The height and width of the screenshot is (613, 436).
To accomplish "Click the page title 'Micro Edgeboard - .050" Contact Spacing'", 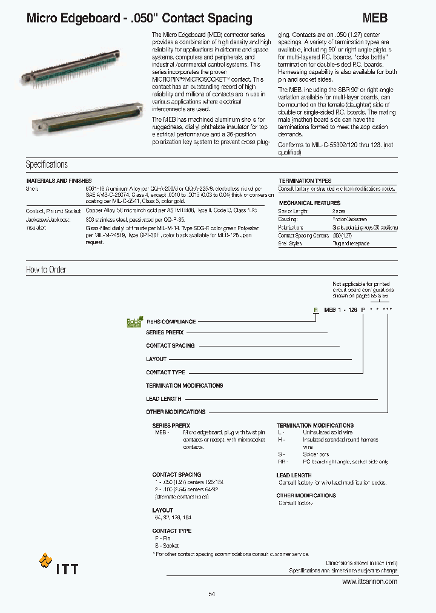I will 139,19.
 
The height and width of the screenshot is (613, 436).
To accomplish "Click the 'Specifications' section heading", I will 47,165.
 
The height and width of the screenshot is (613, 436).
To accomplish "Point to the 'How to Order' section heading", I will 46,270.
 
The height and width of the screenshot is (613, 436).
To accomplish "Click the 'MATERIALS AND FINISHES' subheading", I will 59,181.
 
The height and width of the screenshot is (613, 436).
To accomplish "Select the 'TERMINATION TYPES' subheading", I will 305,181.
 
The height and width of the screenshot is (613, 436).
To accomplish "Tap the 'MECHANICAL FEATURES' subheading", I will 309,203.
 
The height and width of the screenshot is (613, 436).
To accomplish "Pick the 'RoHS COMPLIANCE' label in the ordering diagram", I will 171,322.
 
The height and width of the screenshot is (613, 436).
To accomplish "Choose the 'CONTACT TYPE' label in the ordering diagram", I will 165,373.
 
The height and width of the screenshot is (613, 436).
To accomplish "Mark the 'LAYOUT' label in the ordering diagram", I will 156,359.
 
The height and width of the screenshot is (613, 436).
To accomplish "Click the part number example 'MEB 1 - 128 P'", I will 344,310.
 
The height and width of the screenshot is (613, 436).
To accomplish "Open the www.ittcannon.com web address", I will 369,582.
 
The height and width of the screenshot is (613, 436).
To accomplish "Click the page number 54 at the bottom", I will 211,594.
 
